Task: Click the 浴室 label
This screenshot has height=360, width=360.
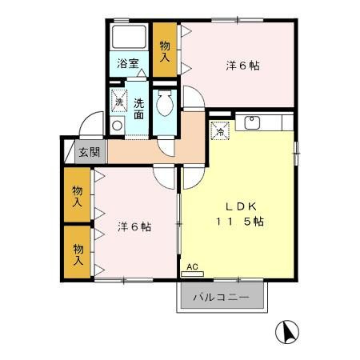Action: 129,62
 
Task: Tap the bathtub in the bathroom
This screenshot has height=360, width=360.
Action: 129,38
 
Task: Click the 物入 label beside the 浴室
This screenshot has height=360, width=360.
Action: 164,51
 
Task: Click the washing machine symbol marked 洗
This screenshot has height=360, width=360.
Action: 118,102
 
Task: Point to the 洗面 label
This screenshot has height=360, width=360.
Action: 138,108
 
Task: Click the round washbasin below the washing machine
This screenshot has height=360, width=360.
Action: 118,125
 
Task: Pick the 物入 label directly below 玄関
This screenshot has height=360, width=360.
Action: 78,196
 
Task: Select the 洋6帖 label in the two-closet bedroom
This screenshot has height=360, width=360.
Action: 134,226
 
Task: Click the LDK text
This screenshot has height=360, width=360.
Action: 237,204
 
